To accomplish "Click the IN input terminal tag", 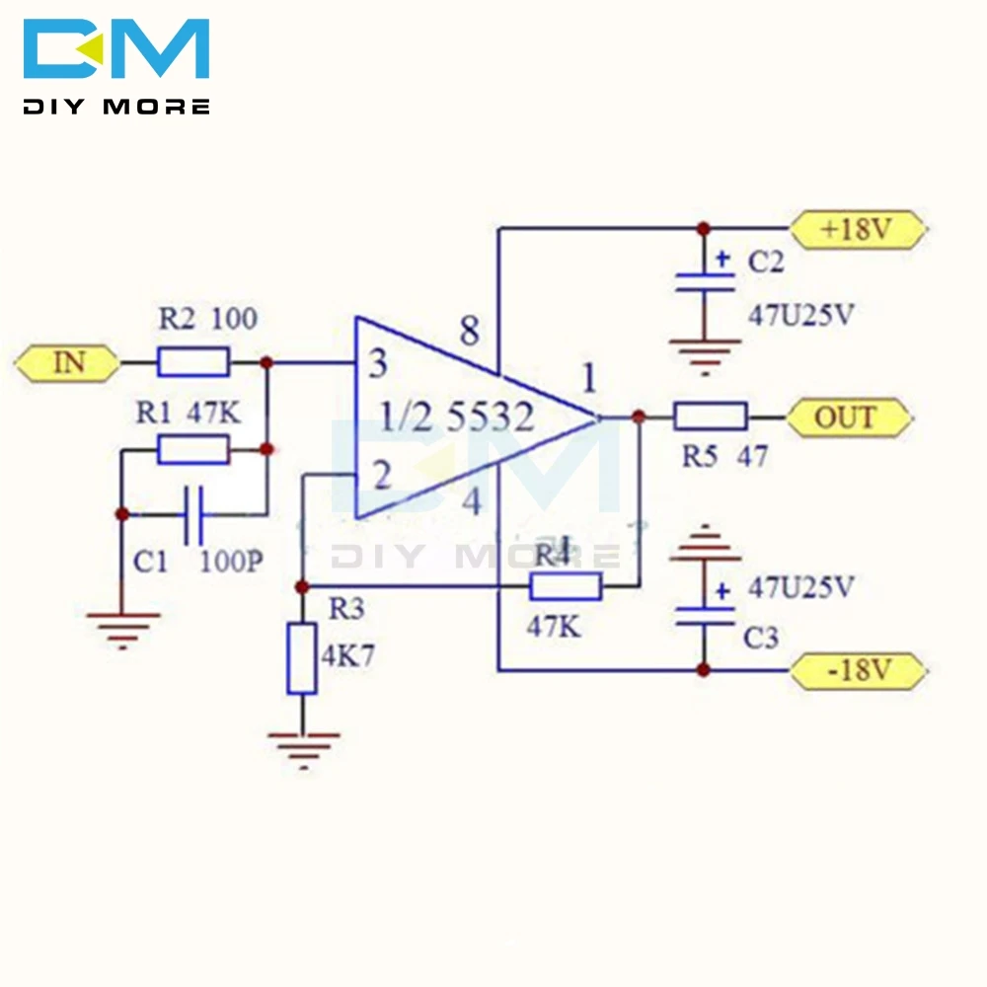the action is [67, 363].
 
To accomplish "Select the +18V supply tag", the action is [859, 229].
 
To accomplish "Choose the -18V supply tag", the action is [859, 670].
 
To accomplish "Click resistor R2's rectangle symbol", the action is [193, 362].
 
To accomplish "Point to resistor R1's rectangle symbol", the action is [192, 449].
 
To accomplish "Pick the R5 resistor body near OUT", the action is [711, 417].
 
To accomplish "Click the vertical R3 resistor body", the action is [301, 658].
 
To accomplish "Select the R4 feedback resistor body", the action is [566, 586].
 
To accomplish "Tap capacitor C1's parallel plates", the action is [193, 515].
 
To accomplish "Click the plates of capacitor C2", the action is [705, 282].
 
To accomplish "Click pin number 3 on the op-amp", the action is [378, 364].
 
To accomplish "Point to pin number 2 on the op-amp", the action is [381, 475].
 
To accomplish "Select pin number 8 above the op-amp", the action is [470, 331].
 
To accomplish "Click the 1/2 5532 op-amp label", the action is [458, 417].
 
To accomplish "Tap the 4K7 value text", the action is [348, 656].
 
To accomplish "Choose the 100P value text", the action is [231, 562].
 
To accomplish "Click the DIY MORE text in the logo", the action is [116, 107].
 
